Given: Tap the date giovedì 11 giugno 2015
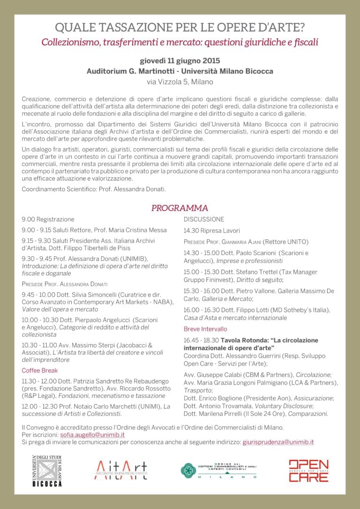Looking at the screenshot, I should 180,61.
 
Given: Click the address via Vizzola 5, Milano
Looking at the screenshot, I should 180,82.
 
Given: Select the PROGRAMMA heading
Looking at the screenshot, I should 180,208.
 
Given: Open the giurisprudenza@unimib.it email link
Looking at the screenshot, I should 278,442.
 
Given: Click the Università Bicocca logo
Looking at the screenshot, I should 47,471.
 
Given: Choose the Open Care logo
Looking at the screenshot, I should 308,471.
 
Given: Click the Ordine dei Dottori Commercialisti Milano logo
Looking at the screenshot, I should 218,471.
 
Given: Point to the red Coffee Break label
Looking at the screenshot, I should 40,370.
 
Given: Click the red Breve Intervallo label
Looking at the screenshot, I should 205,329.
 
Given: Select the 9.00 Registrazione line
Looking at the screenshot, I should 48,219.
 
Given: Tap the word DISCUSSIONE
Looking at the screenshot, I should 204,219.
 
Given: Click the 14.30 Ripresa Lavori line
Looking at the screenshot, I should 211,231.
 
